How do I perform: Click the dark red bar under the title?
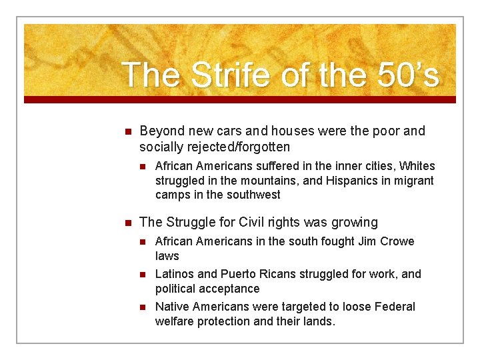click(240, 99)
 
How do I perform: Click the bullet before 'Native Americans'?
click(143, 307)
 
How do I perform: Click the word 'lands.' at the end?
click(319, 321)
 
